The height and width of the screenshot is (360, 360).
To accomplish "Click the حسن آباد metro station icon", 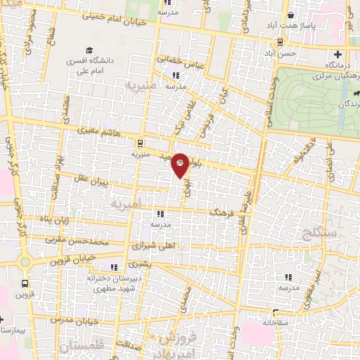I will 281,41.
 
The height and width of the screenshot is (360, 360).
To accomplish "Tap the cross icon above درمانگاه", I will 338,54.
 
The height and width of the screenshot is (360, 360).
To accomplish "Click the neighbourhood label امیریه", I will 126,203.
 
